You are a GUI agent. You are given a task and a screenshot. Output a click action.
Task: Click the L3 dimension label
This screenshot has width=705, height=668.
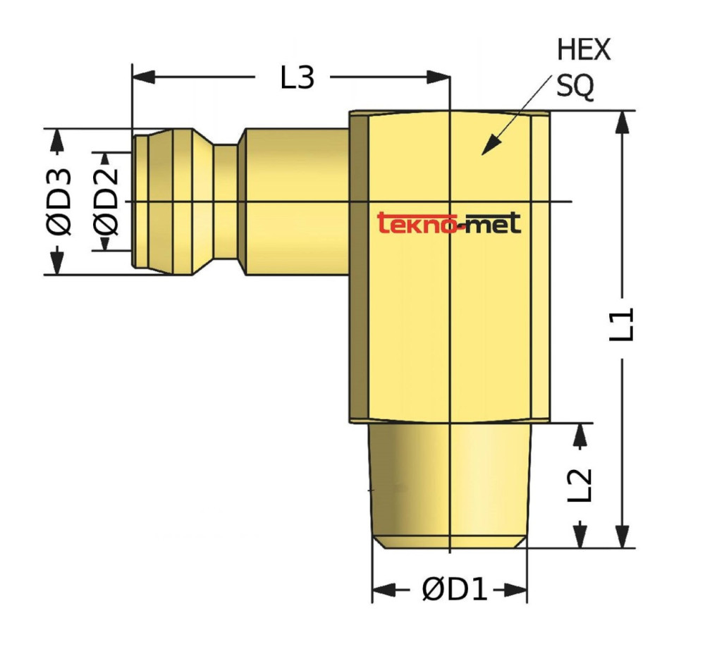[297, 78]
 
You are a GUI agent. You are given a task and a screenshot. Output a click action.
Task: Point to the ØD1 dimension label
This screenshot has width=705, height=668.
[455, 590]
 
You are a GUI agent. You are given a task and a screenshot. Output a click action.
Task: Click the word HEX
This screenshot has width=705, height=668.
[584, 50]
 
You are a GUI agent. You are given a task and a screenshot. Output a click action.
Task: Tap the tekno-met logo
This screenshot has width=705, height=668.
[450, 223]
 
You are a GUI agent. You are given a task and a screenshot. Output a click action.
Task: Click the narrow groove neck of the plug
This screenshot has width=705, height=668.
[226, 202]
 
